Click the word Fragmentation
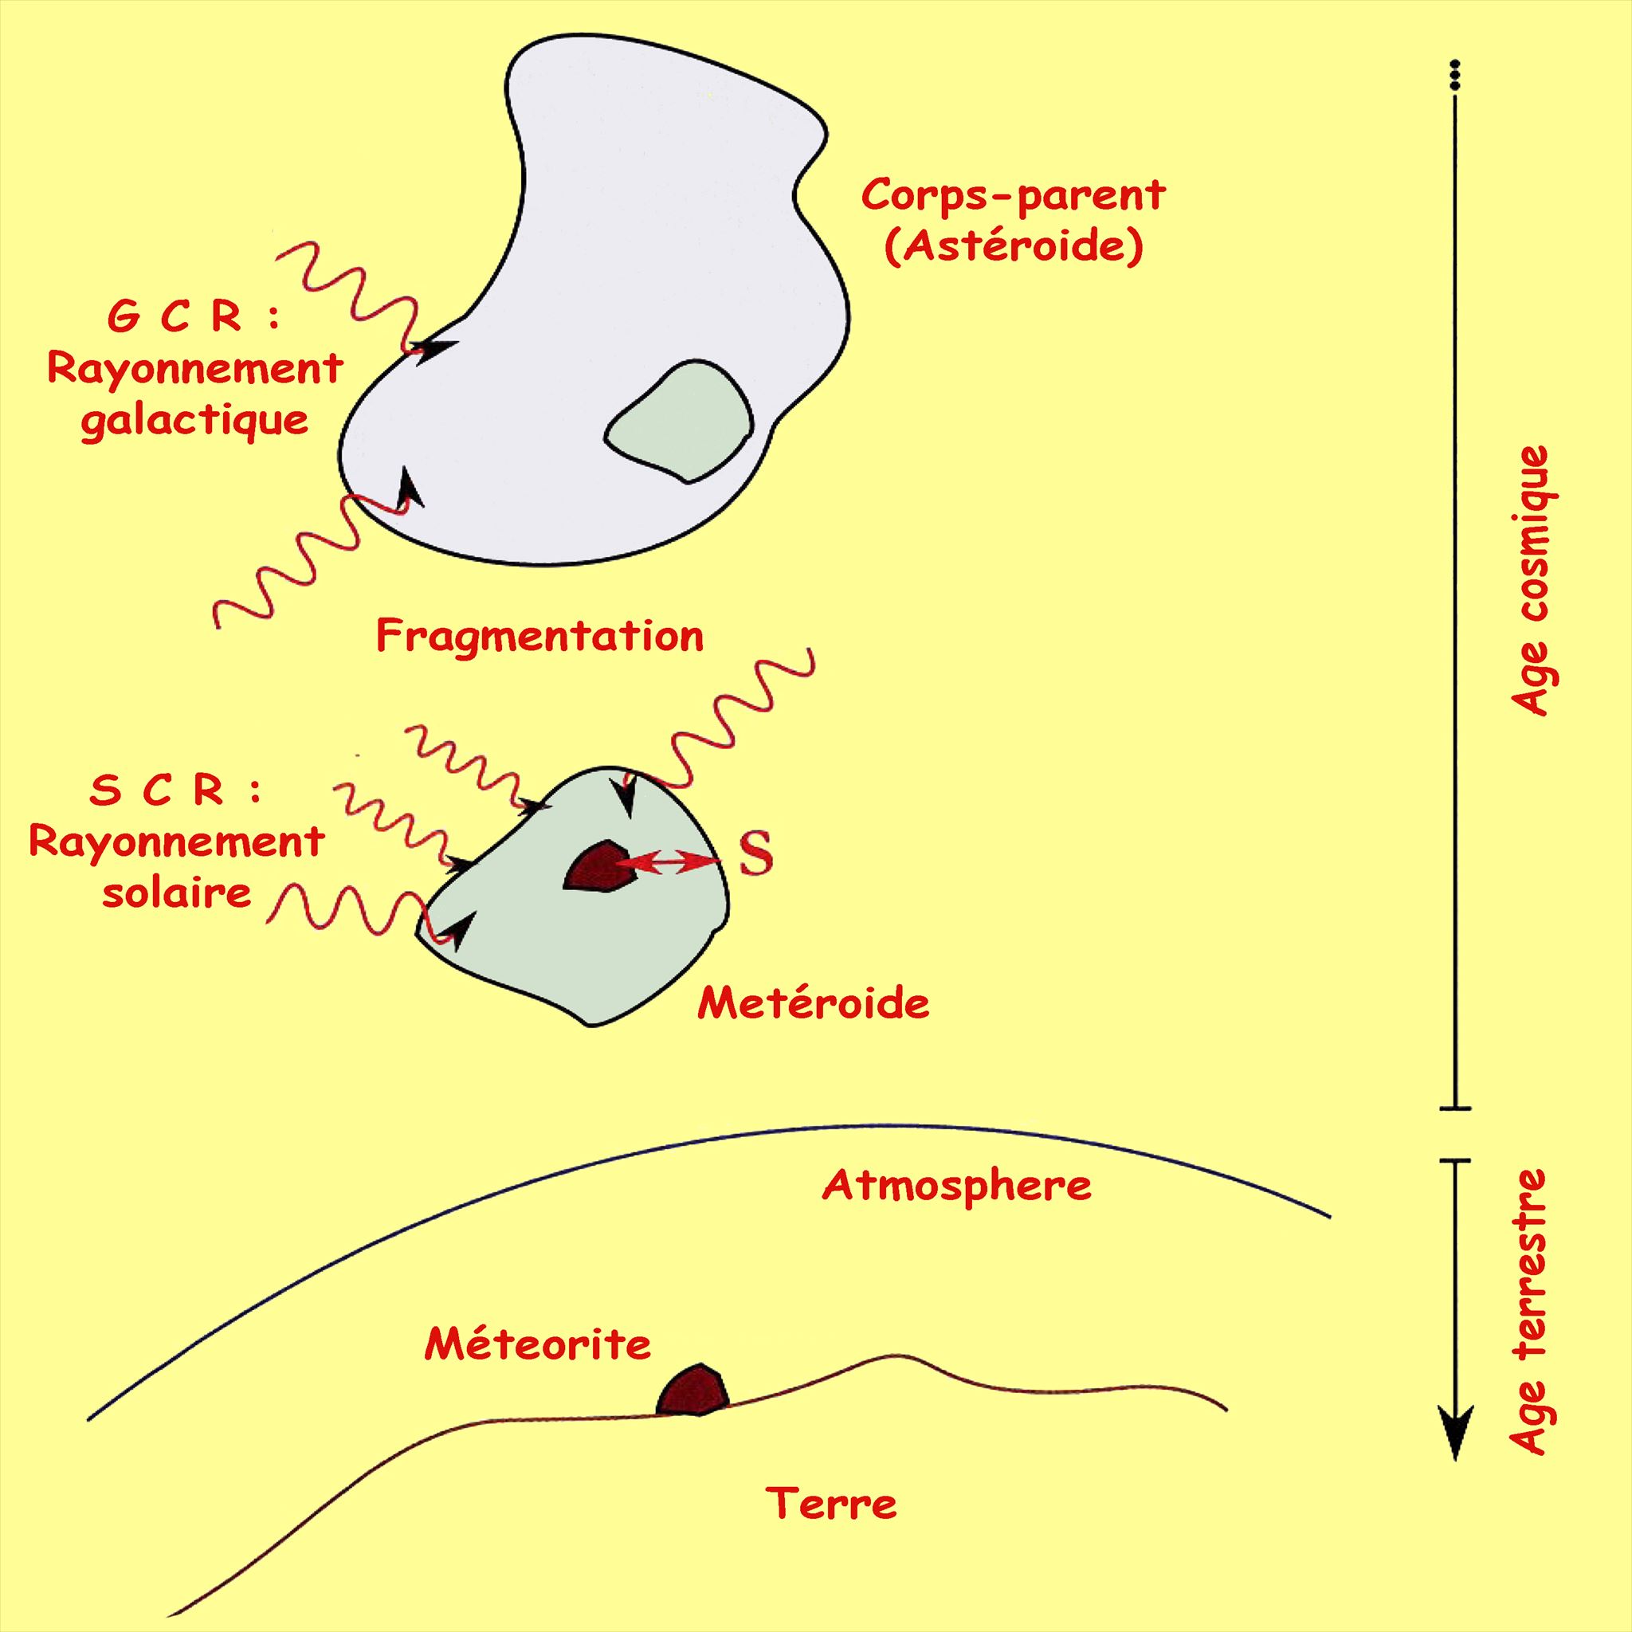539,637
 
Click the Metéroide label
813,1004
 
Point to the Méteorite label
537,1345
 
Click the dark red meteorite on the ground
692,1392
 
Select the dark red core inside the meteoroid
598,867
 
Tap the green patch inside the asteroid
681,422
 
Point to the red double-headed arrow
667,862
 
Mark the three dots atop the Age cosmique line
1453,75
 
